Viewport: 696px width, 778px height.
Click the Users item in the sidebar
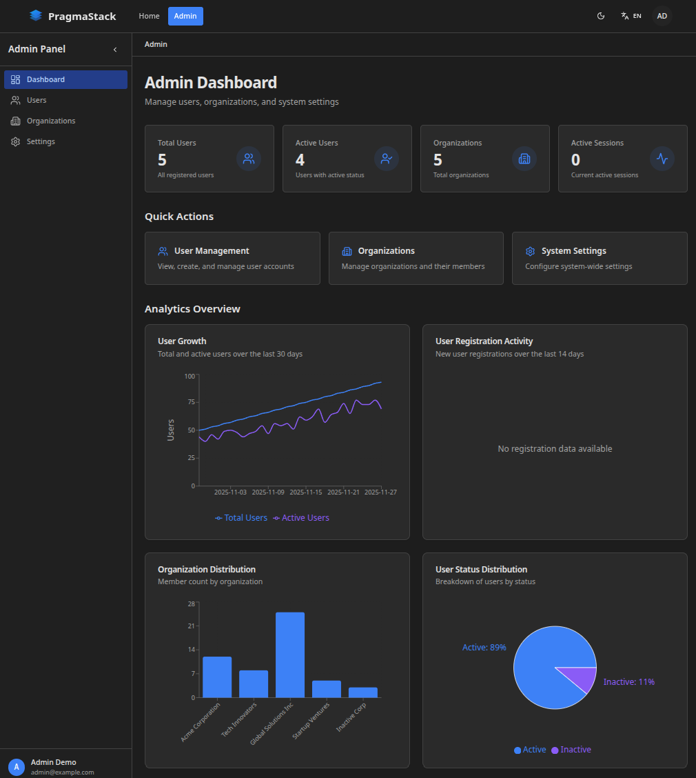coord(37,100)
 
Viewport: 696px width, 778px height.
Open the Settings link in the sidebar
coord(41,141)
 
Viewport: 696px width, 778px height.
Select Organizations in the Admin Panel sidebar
coord(51,121)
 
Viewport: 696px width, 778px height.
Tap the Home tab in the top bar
coord(149,16)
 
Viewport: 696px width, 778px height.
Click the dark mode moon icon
coord(601,16)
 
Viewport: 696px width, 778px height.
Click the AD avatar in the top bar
coord(662,16)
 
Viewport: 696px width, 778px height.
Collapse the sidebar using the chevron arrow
coord(115,50)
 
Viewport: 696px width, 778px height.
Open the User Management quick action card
coord(232,258)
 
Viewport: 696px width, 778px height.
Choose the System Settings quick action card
coord(599,258)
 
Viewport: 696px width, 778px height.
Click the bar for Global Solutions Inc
coord(290,655)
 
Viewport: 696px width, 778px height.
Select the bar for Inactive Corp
coord(362,692)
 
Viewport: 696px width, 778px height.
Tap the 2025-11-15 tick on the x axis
coord(305,492)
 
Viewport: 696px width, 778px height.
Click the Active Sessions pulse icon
coord(662,159)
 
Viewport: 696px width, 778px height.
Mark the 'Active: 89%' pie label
coord(484,648)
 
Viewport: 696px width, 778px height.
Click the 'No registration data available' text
coord(555,449)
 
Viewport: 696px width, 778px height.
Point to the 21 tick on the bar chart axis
coord(192,626)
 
